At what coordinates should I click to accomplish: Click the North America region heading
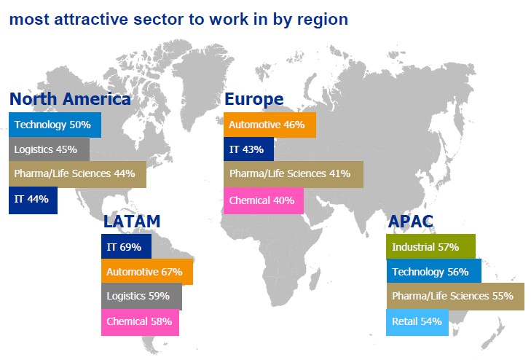(70, 99)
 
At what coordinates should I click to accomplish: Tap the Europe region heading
(254, 100)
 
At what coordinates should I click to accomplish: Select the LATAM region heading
(132, 222)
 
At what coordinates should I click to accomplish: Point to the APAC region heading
(410, 222)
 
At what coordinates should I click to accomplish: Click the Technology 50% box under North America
(55, 125)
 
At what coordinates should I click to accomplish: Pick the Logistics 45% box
(49, 149)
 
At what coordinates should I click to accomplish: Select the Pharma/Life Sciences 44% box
(77, 174)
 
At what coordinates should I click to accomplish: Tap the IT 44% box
(34, 200)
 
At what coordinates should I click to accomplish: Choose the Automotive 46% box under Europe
(270, 125)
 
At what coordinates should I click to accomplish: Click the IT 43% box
(248, 149)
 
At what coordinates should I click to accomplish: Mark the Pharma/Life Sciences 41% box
(294, 174)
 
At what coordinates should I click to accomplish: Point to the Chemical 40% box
(264, 200)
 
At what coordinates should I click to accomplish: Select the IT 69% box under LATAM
(126, 246)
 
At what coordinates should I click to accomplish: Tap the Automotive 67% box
(147, 271)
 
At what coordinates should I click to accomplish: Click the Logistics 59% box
(141, 296)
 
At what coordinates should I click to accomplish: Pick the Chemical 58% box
(140, 322)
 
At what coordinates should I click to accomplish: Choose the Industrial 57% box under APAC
(430, 246)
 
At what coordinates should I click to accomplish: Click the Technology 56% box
(434, 271)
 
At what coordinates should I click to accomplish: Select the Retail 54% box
(417, 322)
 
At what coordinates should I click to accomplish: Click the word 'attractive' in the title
(91, 19)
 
